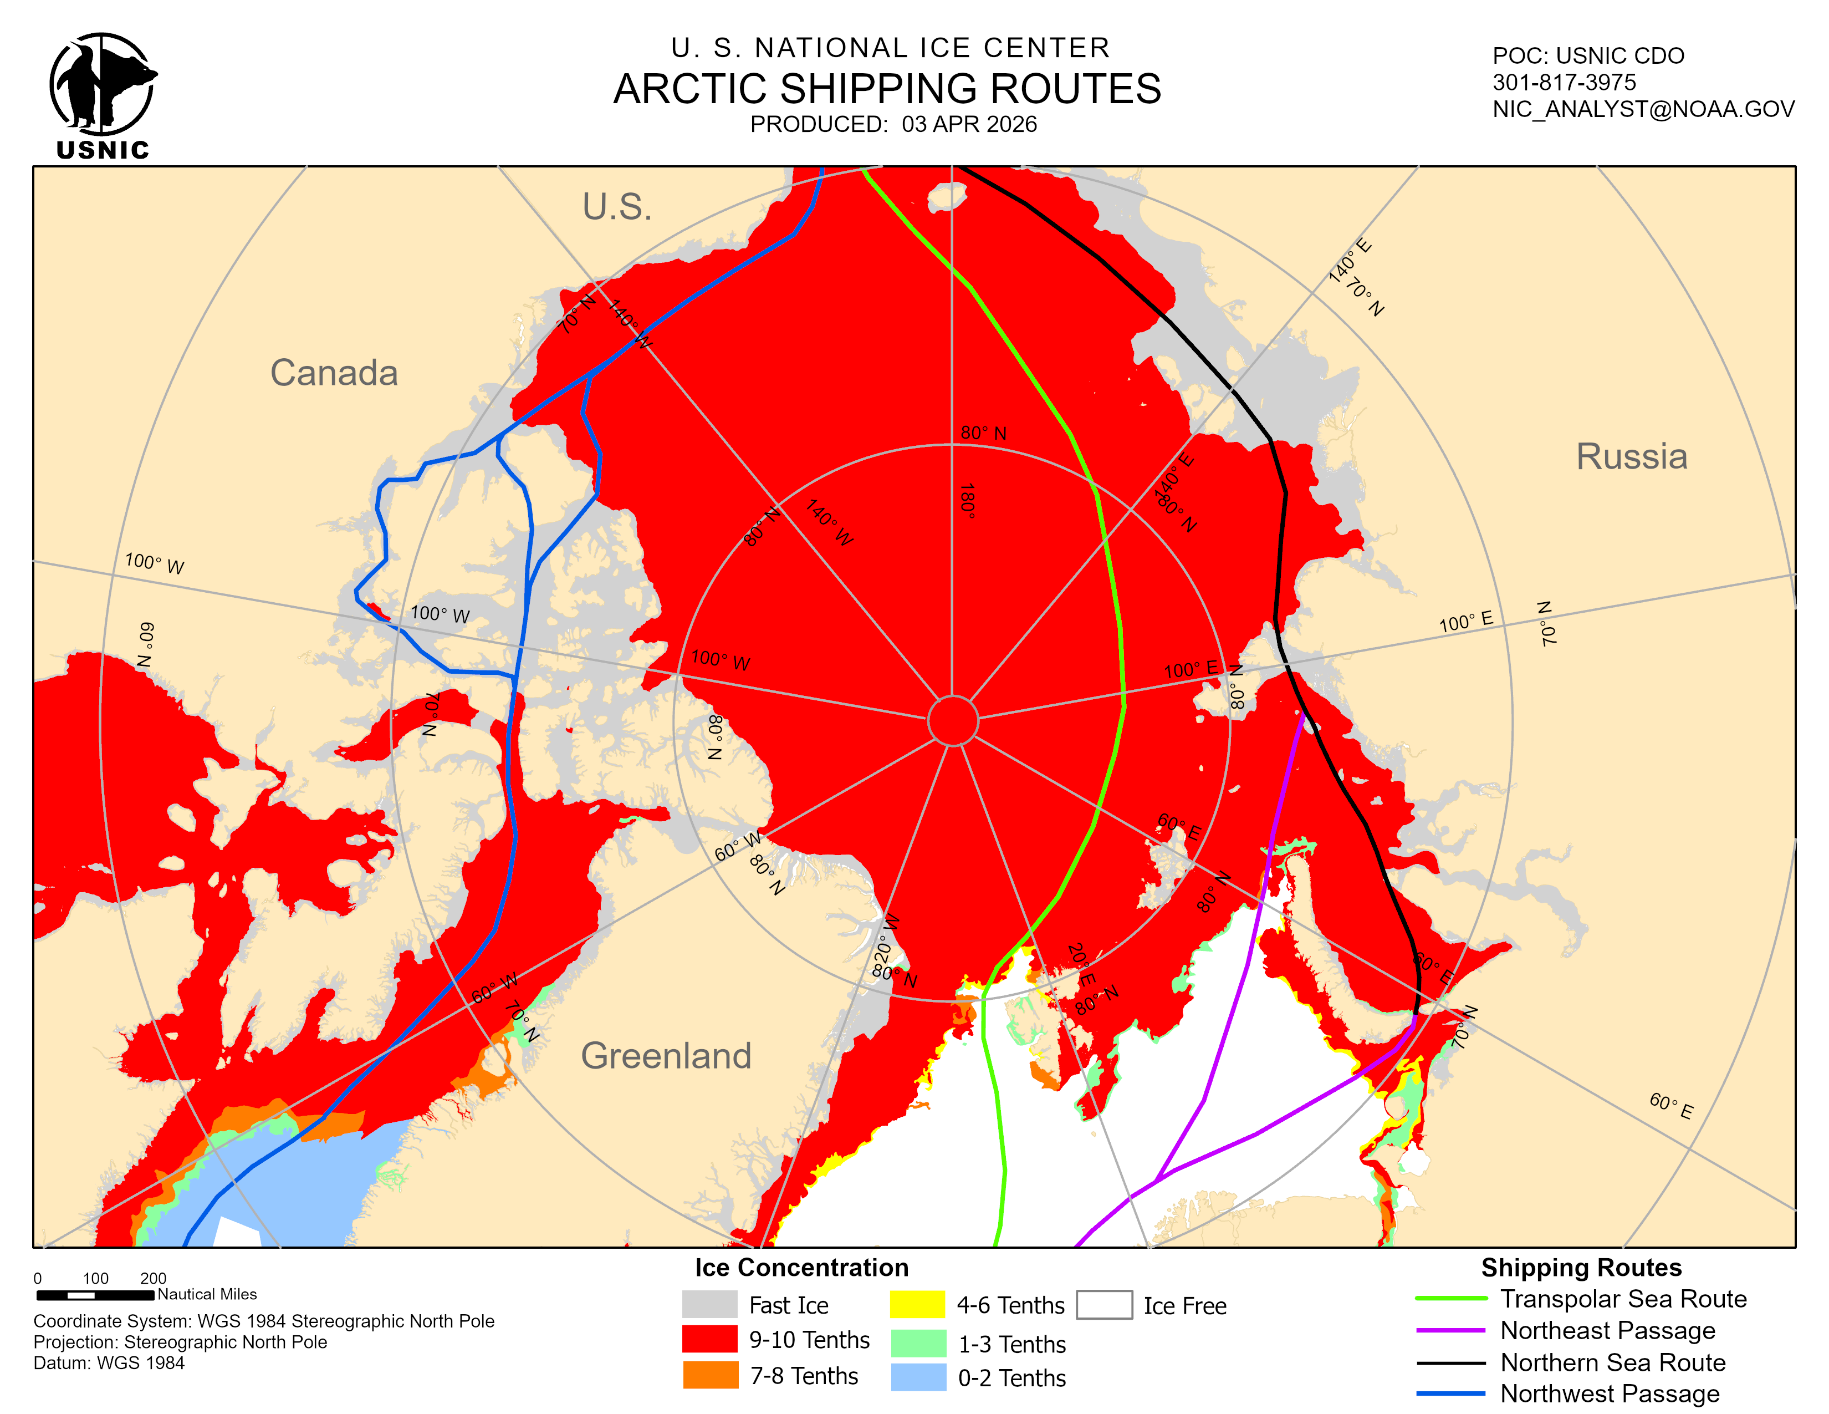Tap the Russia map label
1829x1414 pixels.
(1631, 456)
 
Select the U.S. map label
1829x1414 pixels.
(617, 207)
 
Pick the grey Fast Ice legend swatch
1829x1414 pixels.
(709, 1304)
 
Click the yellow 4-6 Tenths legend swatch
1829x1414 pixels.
(917, 1304)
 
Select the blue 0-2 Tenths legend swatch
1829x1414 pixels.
(917, 1377)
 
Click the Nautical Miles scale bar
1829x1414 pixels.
(95, 1295)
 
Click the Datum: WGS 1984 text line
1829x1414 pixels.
(109, 1363)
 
